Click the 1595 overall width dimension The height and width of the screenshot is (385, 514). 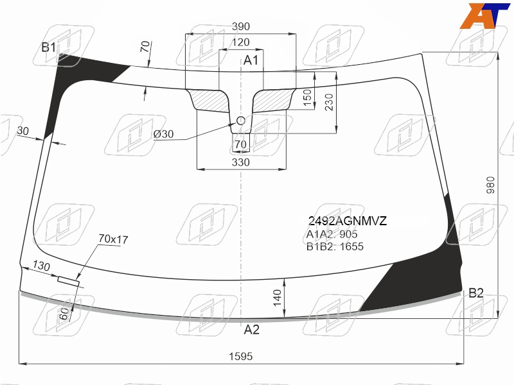pos(240,356)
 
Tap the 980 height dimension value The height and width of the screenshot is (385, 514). pos(490,185)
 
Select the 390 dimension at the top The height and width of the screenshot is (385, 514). pos(240,26)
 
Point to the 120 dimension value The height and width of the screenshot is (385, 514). pos(240,42)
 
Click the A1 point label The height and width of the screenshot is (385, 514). pos(251,60)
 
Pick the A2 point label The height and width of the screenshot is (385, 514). pos(251,329)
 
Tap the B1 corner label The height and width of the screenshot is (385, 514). pos(49,47)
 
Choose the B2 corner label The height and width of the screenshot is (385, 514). pos(476,293)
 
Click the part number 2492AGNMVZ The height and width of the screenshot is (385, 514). pos(347,221)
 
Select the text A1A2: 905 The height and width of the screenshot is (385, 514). pos(332,234)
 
